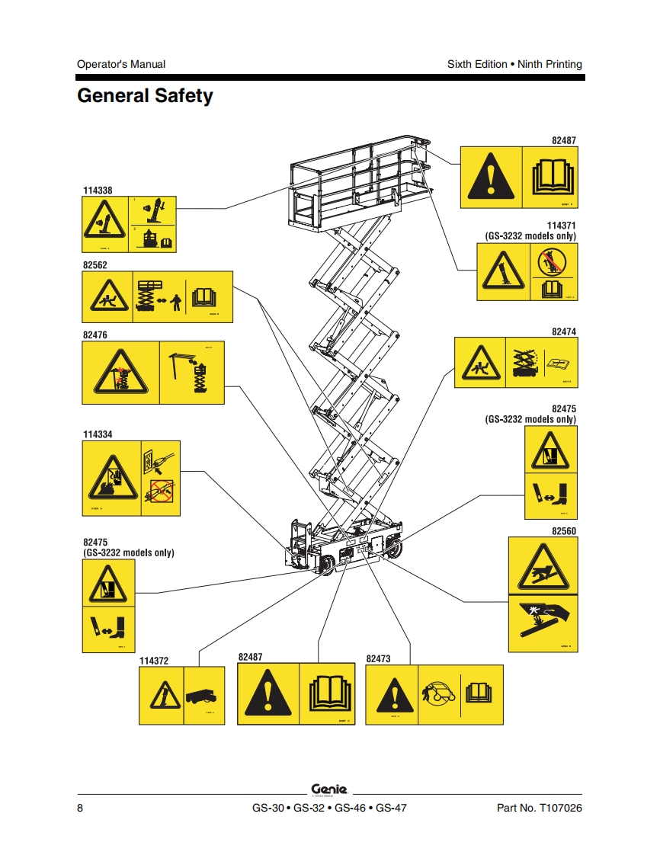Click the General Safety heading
[145, 97]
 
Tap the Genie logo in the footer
[329, 789]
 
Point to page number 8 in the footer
[80, 808]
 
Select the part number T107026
[560, 808]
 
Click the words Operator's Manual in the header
[121, 64]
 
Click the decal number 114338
[98, 190]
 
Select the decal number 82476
[95, 335]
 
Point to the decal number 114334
[98, 434]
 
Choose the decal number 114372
[154, 661]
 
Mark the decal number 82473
[379, 658]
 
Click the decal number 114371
[562, 226]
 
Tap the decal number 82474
[564, 331]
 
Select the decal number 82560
[564, 530]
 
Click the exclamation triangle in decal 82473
[394, 696]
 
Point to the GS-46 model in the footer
[350, 808]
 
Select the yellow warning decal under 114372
[181, 696]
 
